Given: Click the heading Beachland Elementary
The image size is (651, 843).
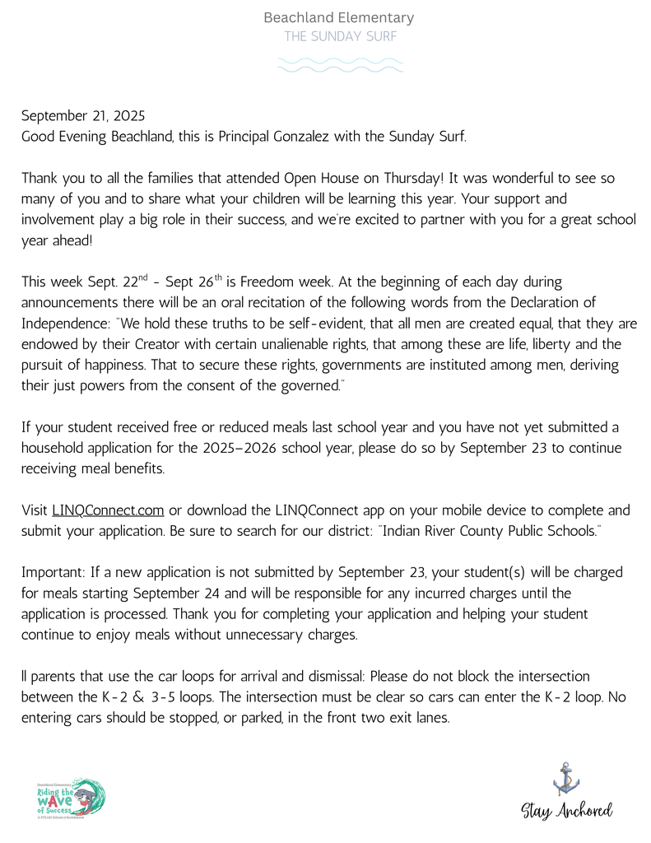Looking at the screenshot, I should (x=339, y=17).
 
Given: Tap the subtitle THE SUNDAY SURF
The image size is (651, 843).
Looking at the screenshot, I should (x=339, y=36).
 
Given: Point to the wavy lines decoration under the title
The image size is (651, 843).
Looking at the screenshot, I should (x=340, y=65).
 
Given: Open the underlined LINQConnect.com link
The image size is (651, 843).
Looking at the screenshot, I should (x=108, y=510).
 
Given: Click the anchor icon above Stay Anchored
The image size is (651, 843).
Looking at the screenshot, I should (x=565, y=778).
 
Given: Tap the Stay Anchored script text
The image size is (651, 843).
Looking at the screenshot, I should (x=567, y=810).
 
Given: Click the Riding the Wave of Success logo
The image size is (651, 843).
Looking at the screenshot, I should (x=71, y=799).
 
